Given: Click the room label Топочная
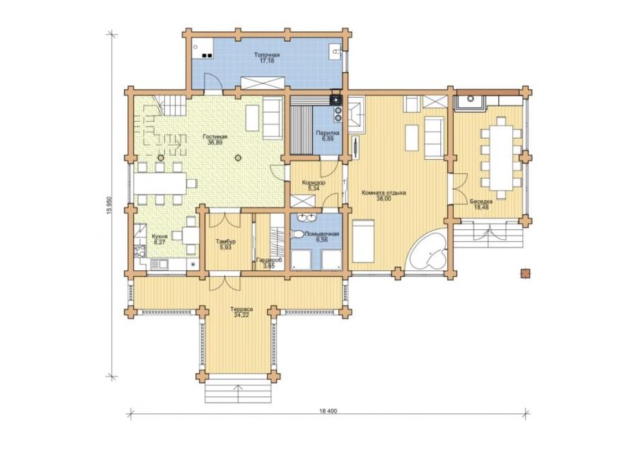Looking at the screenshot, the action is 267,54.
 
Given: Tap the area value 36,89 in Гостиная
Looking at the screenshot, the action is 215,142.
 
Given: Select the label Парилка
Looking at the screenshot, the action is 328,133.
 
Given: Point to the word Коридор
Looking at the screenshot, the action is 314,183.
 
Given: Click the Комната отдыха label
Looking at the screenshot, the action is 384,193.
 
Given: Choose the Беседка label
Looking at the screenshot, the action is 481,202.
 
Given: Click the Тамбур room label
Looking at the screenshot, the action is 225,242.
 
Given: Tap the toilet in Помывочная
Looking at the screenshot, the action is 297,235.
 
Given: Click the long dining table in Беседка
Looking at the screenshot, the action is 501,158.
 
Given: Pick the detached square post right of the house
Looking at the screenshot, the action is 526,274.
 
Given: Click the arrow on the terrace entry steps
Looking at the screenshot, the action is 238,393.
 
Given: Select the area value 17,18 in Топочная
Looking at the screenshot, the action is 267,61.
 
